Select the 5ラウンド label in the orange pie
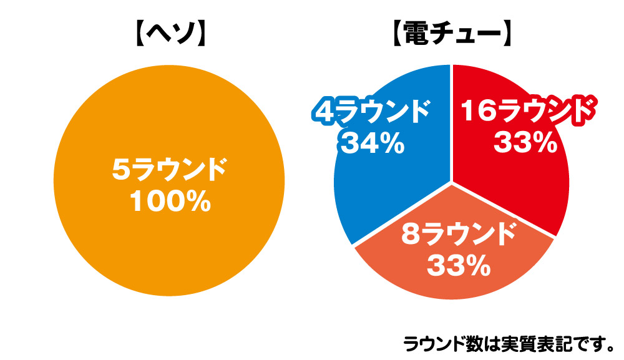click(168, 170)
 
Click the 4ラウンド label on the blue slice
click(371, 113)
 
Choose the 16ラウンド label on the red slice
click(525, 112)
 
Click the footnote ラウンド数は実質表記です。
click(509, 343)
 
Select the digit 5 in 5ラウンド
click(121, 170)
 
